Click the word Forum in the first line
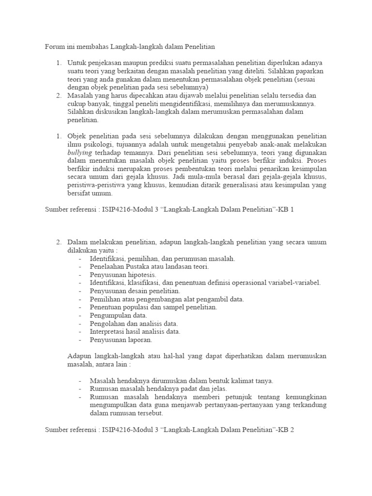pyautogui.click(x=55, y=47)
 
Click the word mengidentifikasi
pyautogui.click(x=190, y=104)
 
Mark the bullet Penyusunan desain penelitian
pyautogui.click(x=135, y=291)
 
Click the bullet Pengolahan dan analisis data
pyautogui.click(x=134, y=324)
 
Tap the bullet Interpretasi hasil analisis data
pyautogui.click(x=135, y=332)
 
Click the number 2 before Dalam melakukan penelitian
pyautogui.click(x=58, y=242)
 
